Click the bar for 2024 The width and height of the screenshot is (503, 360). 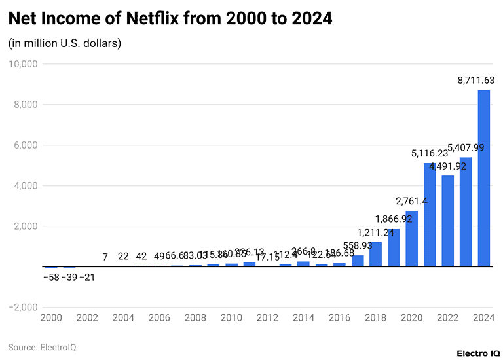(483, 178)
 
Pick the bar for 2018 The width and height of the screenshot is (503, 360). (375, 255)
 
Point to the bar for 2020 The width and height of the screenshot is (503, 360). (411, 239)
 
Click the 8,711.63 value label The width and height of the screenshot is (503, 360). (476, 81)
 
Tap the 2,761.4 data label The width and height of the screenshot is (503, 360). (411, 201)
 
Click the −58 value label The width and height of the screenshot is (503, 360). (50, 277)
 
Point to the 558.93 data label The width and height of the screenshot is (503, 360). (358, 245)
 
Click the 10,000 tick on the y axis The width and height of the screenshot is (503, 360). (23, 64)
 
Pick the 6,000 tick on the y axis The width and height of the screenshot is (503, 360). (26, 145)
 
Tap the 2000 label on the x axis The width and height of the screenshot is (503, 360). (51, 318)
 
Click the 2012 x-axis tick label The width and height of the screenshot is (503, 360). (267, 318)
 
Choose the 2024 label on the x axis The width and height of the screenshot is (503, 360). (483, 318)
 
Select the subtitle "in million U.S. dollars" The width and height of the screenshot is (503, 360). (65, 43)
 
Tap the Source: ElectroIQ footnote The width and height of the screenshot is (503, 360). (42, 347)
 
